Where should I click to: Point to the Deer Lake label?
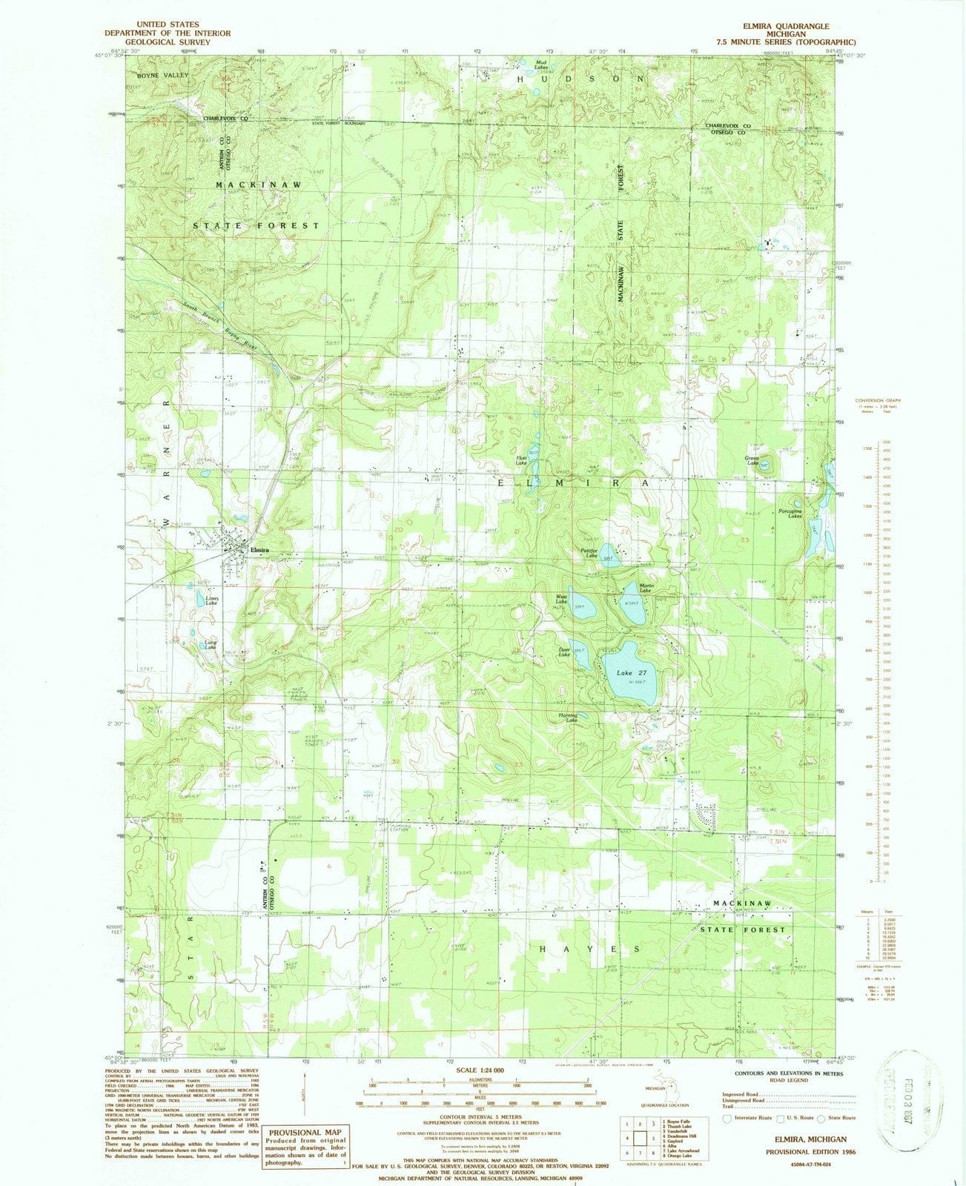(564, 652)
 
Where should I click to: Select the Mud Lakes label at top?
(547, 64)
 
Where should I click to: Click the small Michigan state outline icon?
(655, 1095)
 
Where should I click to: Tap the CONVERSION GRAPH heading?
(877, 400)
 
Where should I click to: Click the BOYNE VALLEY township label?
(163, 76)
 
